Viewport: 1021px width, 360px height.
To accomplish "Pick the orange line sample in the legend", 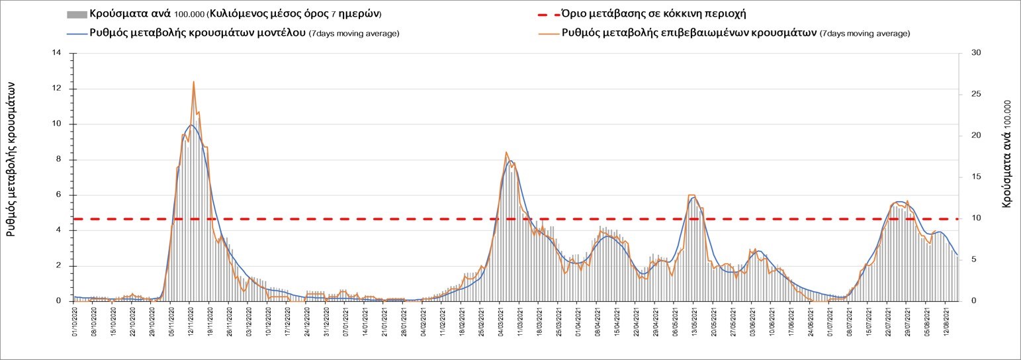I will point(546,33).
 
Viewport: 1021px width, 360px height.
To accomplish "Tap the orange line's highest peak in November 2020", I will point(193,81).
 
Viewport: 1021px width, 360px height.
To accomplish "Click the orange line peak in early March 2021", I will point(506,152).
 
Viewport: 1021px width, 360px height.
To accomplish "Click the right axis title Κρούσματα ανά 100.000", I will point(1006,154).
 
